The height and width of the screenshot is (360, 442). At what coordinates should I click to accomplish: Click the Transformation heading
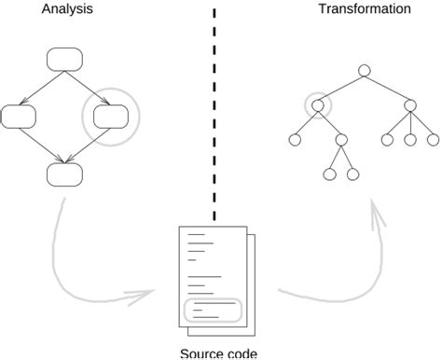[364, 9]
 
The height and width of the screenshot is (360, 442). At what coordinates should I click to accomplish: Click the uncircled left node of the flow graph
[18, 117]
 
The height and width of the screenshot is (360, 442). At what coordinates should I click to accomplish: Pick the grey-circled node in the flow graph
[110, 117]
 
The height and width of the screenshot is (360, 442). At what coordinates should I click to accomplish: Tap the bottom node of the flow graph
[64, 173]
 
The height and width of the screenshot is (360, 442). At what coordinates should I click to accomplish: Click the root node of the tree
[364, 70]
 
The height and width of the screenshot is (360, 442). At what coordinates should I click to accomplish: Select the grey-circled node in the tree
[317, 105]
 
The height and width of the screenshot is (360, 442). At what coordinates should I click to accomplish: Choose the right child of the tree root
[409, 105]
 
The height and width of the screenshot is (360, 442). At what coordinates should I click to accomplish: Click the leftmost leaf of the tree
[295, 140]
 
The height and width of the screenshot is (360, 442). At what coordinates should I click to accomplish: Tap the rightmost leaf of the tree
[433, 140]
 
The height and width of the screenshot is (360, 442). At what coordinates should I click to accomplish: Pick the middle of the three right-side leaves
[409, 140]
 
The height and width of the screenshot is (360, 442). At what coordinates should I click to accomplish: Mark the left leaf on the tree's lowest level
[329, 174]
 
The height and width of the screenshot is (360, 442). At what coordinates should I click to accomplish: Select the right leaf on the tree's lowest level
[352, 174]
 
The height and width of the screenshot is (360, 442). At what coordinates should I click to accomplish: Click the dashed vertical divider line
[215, 112]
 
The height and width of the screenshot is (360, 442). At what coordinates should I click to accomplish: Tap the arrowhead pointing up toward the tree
[379, 216]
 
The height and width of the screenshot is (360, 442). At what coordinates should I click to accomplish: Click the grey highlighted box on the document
[214, 311]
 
